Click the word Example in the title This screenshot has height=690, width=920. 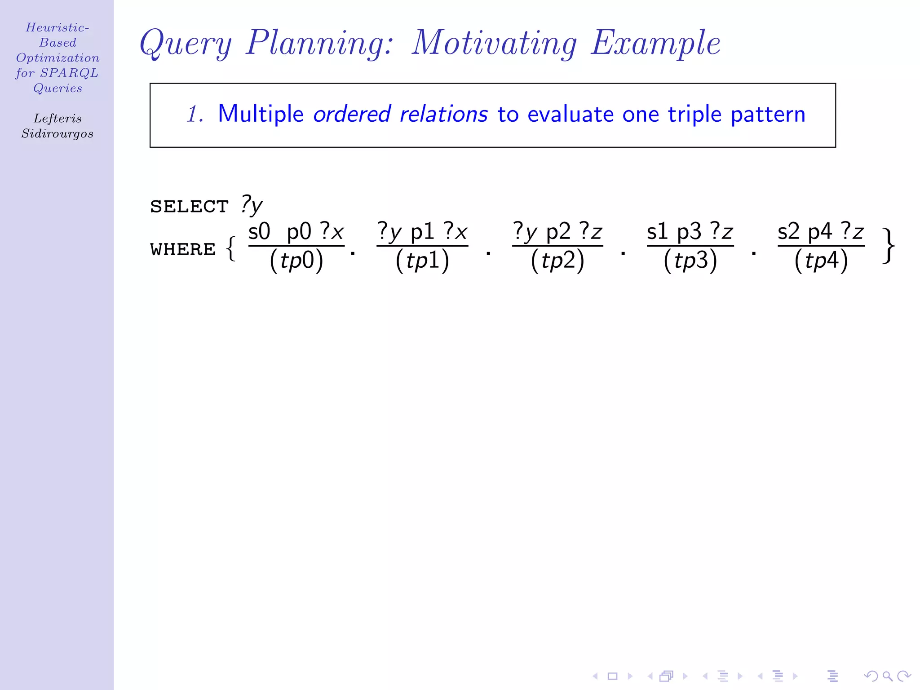click(x=655, y=43)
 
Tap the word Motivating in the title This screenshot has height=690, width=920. click(x=494, y=43)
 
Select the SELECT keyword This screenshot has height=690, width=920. click(x=189, y=207)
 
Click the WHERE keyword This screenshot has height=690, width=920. click(x=183, y=249)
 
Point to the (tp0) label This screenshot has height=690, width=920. click(x=296, y=261)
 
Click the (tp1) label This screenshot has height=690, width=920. click(x=422, y=261)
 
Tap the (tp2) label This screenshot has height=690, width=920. click(x=557, y=261)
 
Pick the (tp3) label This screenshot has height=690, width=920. click(x=690, y=261)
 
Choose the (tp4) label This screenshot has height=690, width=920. click(x=821, y=261)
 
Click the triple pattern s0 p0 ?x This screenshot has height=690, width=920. click(x=296, y=232)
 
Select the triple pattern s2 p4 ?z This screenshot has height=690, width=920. click(x=821, y=232)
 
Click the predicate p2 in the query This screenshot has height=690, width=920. click(x=558, y=233)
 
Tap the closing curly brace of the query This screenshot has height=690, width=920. click(x=889, y=246)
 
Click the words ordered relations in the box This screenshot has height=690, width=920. click(x=400, y=114)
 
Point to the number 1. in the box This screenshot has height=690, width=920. click(x=195, y=114)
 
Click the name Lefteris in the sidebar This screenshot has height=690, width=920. click(x=57, y=119)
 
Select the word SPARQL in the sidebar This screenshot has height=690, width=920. click(x=69, y=73)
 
